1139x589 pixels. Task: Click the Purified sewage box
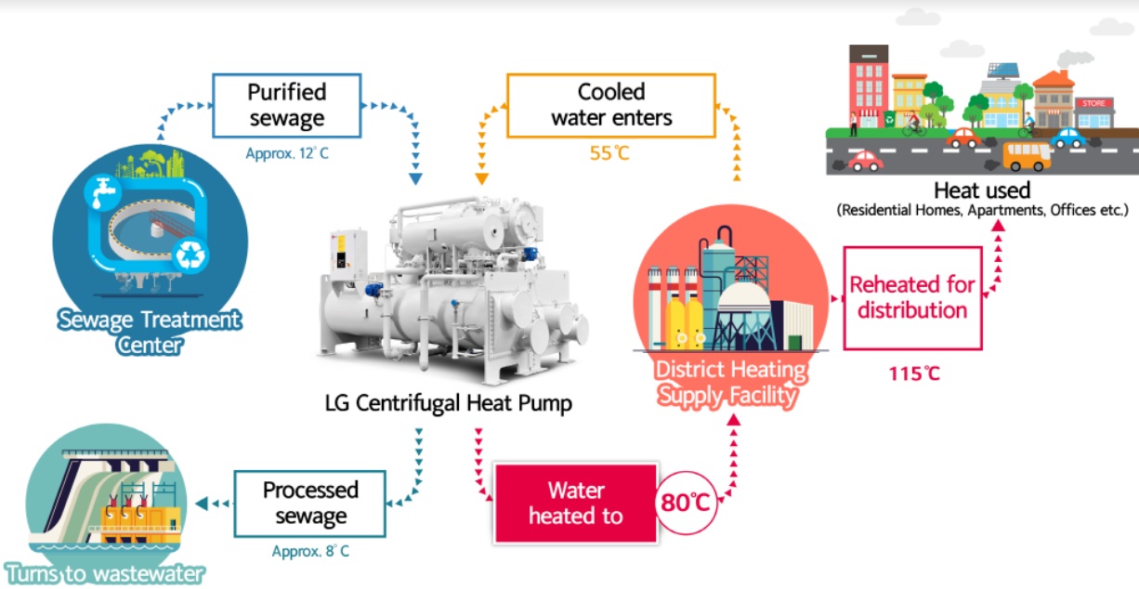click(x=286, y=105)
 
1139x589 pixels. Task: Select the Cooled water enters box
click(x=610, y=105)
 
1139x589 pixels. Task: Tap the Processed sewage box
click(x=309, y=503)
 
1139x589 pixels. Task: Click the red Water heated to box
click(x=575, y=503)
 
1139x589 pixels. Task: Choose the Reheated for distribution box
click(x=912, y=297)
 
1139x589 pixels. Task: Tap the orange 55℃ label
click(x=609, y=152)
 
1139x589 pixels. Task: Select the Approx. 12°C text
click(x=287, y=152)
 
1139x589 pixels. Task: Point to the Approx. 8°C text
click(x=311, y=551)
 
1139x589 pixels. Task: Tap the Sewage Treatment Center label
click(x=150, y=333)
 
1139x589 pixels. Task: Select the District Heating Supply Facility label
click(x=731, y=383)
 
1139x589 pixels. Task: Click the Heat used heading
click(x=981, y=190)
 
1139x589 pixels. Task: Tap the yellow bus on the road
click(x=1028, y=155)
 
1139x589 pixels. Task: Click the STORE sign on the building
click(x=1093, y=103)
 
